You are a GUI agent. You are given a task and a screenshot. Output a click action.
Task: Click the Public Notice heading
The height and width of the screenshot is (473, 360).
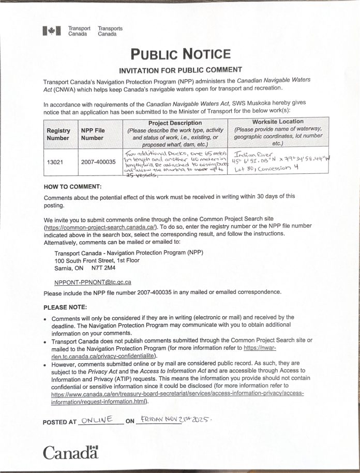pos(180,54)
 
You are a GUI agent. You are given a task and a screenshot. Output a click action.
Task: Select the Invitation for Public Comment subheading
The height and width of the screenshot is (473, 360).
pos(180,69)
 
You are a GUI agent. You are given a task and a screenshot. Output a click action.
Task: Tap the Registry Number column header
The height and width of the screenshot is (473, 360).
pos(58,135)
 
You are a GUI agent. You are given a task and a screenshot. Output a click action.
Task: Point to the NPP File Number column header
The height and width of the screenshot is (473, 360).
pos(93,135)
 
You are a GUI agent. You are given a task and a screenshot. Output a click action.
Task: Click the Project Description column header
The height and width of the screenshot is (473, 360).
pos(175,123)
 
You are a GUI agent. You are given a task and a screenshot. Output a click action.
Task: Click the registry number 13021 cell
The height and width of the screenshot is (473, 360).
pos(55,162)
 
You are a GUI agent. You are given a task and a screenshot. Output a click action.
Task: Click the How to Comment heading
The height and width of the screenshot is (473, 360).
pos(72,186)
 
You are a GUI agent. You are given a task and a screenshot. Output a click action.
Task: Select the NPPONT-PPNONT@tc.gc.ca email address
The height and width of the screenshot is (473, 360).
pos(93,282)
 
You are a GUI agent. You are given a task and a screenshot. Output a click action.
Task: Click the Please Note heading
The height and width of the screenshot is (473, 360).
pos(65,307)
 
